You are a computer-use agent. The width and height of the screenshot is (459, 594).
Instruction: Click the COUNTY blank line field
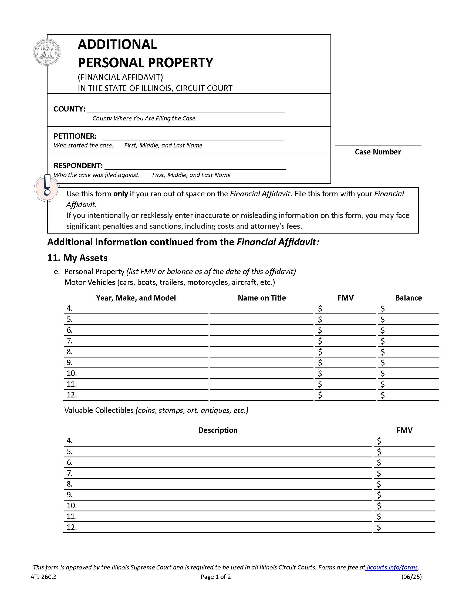pos(186,109)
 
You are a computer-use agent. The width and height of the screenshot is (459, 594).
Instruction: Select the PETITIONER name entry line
pos(193,137)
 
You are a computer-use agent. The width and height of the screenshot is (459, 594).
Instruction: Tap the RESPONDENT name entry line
pos(195,166)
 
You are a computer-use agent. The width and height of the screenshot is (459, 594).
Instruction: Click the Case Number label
pos(378,152)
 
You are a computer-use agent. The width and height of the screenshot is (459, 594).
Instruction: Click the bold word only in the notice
pos(120,194)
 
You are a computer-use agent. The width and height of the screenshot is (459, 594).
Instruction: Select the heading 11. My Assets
pos(77,258)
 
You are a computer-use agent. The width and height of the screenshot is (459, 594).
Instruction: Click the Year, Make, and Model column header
pos(136,298)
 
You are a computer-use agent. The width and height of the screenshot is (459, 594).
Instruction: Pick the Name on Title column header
pos(262,298)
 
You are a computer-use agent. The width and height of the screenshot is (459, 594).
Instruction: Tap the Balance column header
pos(408,298)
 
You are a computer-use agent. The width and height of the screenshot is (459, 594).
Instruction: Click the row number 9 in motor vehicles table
pos(70,363)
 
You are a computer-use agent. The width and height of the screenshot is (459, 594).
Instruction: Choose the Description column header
pos(218,430)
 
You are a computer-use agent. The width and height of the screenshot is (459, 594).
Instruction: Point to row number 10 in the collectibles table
pos(72,506)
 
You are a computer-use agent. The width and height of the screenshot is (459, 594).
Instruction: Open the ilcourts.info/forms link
pos(392,567)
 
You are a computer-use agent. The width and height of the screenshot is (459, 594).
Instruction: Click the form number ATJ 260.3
pos(43,577)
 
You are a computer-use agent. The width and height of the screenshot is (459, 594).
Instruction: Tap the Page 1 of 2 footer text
pos(216,577)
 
